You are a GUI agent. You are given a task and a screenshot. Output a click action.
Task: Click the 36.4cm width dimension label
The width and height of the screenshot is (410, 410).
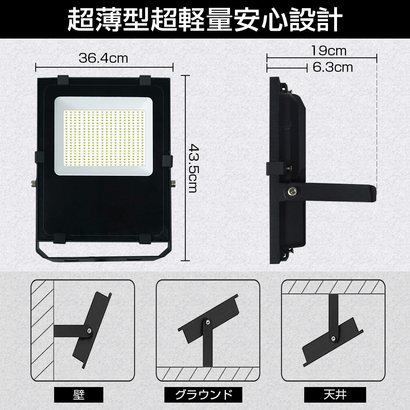(x=103, y=58)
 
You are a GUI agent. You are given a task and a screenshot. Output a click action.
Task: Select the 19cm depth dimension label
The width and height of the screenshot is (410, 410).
(x=329, y=51)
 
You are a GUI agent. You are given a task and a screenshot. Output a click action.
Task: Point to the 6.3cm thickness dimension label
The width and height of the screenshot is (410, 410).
(x=333, y=68)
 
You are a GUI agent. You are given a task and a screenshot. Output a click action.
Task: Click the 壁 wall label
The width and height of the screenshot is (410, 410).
(x=79, y=394)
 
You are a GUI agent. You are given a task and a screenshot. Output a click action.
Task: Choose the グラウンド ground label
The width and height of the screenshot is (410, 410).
(x=203, y=394)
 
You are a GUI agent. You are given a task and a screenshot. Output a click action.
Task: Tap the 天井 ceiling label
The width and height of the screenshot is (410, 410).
(x=335, y=394)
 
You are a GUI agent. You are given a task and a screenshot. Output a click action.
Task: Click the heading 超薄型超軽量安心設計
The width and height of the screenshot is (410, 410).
(x=205, y=20)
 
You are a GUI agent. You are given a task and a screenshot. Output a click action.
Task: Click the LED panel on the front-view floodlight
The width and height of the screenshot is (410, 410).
(x=104, y=136)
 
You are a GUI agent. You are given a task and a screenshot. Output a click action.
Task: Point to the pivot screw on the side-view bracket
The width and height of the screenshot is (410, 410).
(x=291, y=191)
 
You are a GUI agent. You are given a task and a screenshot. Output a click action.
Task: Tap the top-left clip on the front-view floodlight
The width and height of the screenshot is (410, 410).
(x=63, y=80)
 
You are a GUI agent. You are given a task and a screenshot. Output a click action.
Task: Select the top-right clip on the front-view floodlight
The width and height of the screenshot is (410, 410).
(x=146, y=80)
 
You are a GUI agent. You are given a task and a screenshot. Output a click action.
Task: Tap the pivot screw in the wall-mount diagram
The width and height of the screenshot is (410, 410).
(x=89, y=331)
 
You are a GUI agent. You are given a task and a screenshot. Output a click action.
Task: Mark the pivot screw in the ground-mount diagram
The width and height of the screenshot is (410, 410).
(x=207, y=322)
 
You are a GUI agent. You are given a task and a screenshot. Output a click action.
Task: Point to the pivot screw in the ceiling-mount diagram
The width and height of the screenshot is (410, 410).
(x=333, y=338)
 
